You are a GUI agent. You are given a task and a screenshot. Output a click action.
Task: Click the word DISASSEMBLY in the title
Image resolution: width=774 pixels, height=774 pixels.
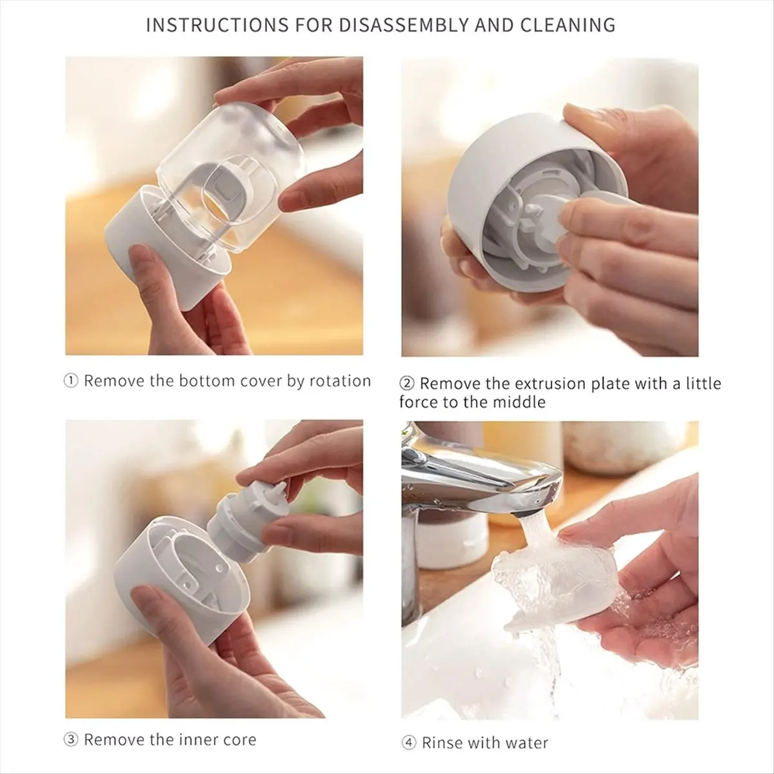pyautogui.click(x=403, y=25)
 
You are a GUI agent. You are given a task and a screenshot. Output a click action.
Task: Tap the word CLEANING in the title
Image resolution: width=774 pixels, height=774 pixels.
pyautogui.click(x=568, y=25)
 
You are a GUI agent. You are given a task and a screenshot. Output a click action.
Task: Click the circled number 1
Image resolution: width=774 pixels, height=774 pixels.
pyautogui.click(x=71, y=381)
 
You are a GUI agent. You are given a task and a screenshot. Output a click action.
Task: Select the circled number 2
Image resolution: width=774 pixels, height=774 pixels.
pyautogui.click(x=406, y=384)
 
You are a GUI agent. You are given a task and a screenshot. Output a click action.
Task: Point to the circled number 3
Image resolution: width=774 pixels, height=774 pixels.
pyautogui.click(x=71, y=739)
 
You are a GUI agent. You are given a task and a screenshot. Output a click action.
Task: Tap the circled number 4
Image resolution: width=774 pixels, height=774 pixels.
pyautogui.click(x=409, y=742)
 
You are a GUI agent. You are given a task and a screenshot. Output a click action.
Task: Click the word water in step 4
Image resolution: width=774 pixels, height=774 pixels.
pyautogui.click(x=527, y=742)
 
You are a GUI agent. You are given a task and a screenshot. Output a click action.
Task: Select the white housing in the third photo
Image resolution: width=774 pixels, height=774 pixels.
pyautogui.click(x=181, y=579)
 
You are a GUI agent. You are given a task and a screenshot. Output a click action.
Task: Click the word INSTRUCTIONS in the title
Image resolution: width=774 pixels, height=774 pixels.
pyautogui.click(x=217, y=25)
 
